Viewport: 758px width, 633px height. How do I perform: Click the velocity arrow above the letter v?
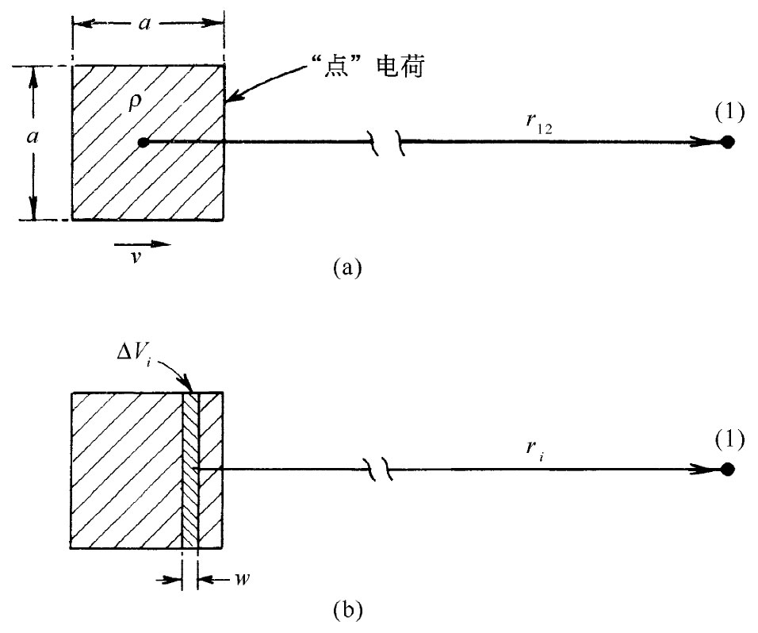(x=147, y=244)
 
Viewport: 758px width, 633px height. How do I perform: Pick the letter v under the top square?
(x=136, y=259)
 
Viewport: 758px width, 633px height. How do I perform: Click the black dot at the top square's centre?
(x=143, y=143)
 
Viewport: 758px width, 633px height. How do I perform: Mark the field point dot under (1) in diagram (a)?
(x=727, y=143)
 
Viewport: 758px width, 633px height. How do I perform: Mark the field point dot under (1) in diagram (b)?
(x=727, y=469)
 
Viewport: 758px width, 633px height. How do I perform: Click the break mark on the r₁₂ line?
(x=389, y=144)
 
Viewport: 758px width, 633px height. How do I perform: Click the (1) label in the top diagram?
(x=729, y=112)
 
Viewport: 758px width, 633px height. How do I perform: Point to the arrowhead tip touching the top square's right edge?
(x=227, y=101)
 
